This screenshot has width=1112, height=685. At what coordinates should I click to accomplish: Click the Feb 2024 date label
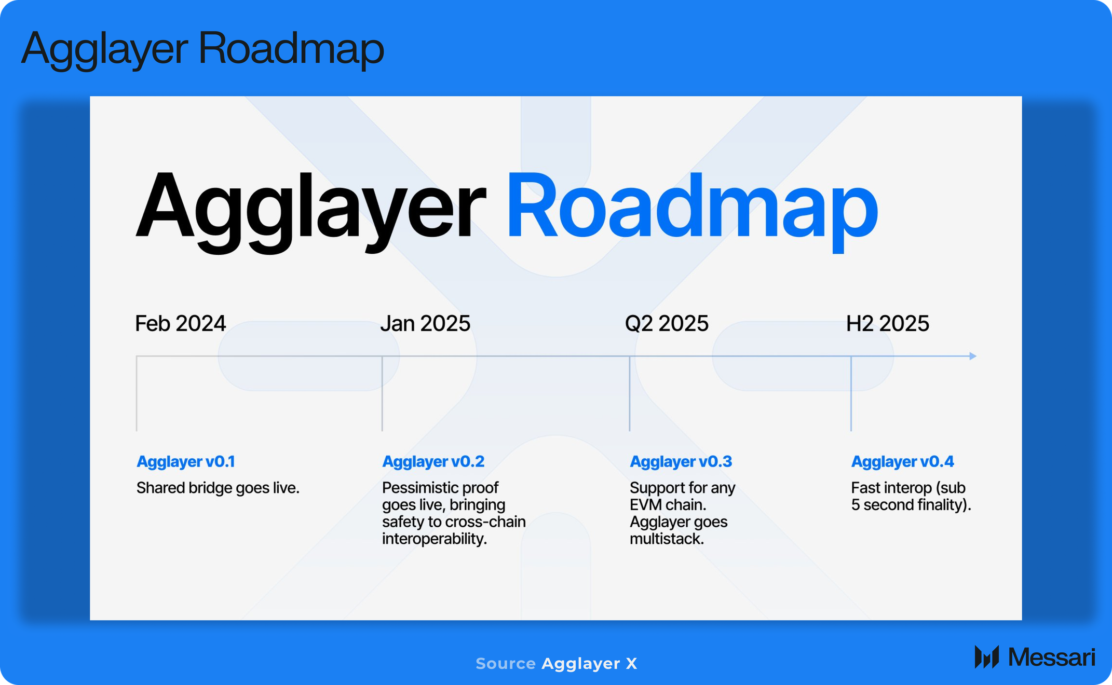point(180,323)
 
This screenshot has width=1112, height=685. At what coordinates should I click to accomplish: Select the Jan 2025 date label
point(425,323)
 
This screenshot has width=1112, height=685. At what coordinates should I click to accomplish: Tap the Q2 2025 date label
point(667,323)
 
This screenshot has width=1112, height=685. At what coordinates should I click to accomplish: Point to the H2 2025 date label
point(888,323)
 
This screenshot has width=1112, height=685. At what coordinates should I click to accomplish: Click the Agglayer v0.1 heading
point(186,461)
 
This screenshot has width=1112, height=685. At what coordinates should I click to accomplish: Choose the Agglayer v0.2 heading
point(433,461)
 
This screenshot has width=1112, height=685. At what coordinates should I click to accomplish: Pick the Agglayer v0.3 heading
point(681,461)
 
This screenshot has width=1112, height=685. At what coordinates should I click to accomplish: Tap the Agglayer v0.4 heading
point(902,461)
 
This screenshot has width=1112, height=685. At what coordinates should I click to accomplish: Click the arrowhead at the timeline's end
point(973,356)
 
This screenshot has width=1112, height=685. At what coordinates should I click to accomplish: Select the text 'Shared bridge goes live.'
point(218,488)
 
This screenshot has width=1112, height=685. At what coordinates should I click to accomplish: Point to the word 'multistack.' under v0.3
point(667,539)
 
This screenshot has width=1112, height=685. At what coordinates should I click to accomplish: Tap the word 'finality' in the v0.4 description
point(942,505)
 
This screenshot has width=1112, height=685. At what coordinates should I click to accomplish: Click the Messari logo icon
point(987,657)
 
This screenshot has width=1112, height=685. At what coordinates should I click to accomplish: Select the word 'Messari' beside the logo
point(1051,657)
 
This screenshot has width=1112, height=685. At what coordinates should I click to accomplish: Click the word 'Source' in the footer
point(506,663)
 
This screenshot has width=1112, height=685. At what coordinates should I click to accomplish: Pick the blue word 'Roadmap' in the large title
point(692,208)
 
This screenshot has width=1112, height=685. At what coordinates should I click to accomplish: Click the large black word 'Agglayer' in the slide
point(310,210)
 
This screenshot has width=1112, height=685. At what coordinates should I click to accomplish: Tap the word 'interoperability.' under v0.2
point(435,539)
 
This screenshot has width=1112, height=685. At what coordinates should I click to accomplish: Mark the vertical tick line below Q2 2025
point(630,393)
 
